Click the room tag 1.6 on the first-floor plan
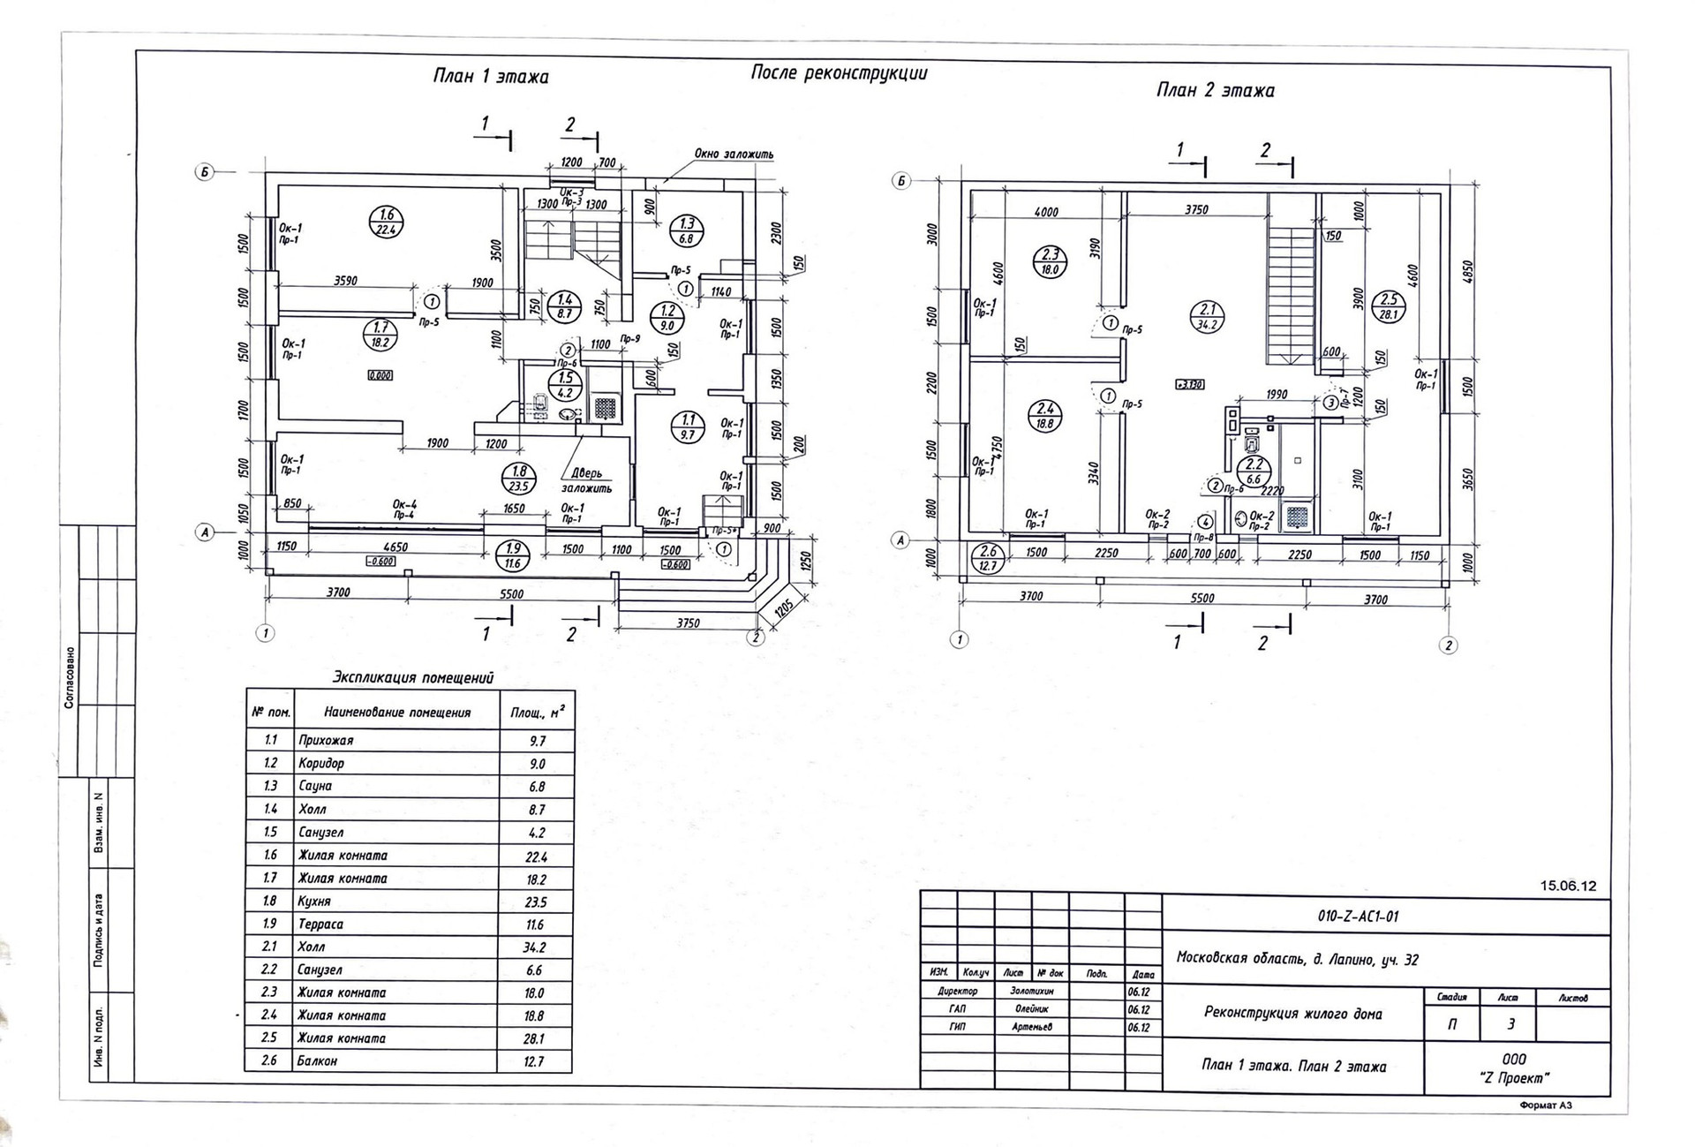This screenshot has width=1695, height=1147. pyautogui.click(x=386, y=222)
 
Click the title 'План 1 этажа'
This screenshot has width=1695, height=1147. pyautogui.click(x=490, y=77)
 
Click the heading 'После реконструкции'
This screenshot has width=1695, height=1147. pyautogui.click(x=839, y=72)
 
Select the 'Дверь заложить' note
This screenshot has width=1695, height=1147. pyautogui.click(x=586, y=480)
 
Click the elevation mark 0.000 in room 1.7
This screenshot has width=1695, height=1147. pyautogui.click(x=380, y=375)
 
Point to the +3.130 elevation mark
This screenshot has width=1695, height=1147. pyautogui.click(x=1190, y=384)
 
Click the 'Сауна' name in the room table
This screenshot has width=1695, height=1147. pyautogui.click(x=315, y=786)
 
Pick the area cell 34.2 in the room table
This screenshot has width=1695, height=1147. pyautogui.click(x=534, y=947)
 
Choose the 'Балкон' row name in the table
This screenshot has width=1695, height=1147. pyautogui.click(x=317, y=1060)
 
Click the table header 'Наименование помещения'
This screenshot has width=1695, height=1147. pyautogui.click(x=397, y=712)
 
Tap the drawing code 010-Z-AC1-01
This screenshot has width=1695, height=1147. pyautogui.click(x=1358, y=916)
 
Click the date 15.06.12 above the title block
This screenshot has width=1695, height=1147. pyautogui.click(x=1568, y=886)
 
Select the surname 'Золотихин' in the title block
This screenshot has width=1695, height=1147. pyautogui.click(x=1030, y=992)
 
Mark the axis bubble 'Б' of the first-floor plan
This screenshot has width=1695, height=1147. pyautogui.click(x=204, y=172)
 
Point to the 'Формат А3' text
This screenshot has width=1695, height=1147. pyautogui.click(x=1546, y=1105)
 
